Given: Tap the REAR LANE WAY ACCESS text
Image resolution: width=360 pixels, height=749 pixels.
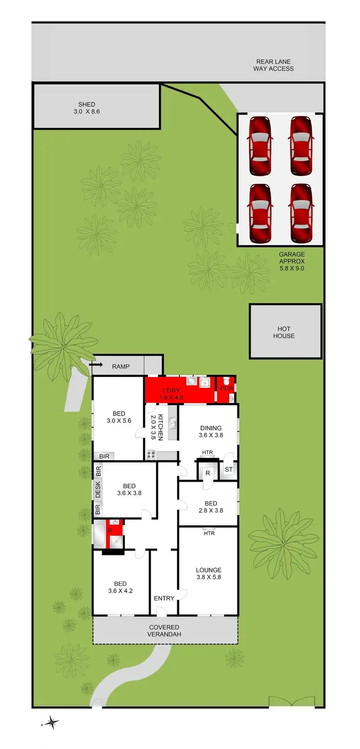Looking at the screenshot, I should [x=273, y=65].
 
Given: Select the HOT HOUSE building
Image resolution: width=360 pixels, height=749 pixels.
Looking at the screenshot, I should [x=285, y=332].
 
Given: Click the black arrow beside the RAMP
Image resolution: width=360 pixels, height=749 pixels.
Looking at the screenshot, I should [x=96, y=366].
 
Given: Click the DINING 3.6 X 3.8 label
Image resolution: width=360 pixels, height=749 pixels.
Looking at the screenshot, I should [x=211, y=432].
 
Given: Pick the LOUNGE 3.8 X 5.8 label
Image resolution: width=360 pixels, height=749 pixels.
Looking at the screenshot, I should [x=208, y=574].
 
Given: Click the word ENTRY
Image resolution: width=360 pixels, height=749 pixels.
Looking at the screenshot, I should [x=164, y=598].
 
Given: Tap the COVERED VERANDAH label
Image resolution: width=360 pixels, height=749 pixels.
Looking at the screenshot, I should [x=164, y=630].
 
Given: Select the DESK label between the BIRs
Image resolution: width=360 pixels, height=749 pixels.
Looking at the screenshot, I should [x=98, y=489].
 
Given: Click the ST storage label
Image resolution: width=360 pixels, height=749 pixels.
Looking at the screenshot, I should [x=228, y=469].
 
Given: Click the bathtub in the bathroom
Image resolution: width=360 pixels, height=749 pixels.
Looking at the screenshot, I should [x=100, y=535].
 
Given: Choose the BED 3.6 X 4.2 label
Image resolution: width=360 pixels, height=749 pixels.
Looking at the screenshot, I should [x=120, y=587].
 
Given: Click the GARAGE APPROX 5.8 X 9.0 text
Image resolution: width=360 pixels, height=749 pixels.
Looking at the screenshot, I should [x=292, y=262].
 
